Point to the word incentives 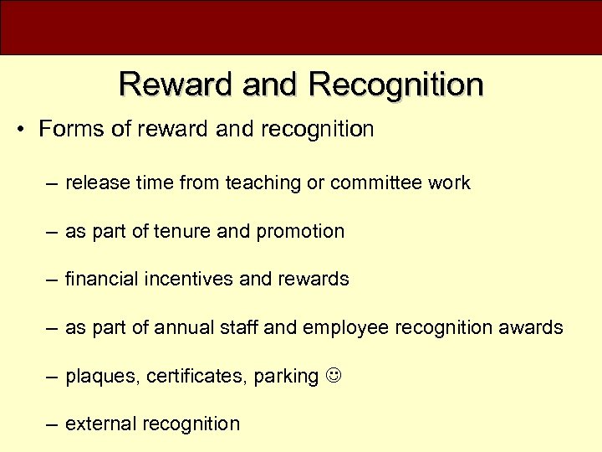coord(197,279)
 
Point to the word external coord(101,424)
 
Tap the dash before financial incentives coord(52,280)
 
